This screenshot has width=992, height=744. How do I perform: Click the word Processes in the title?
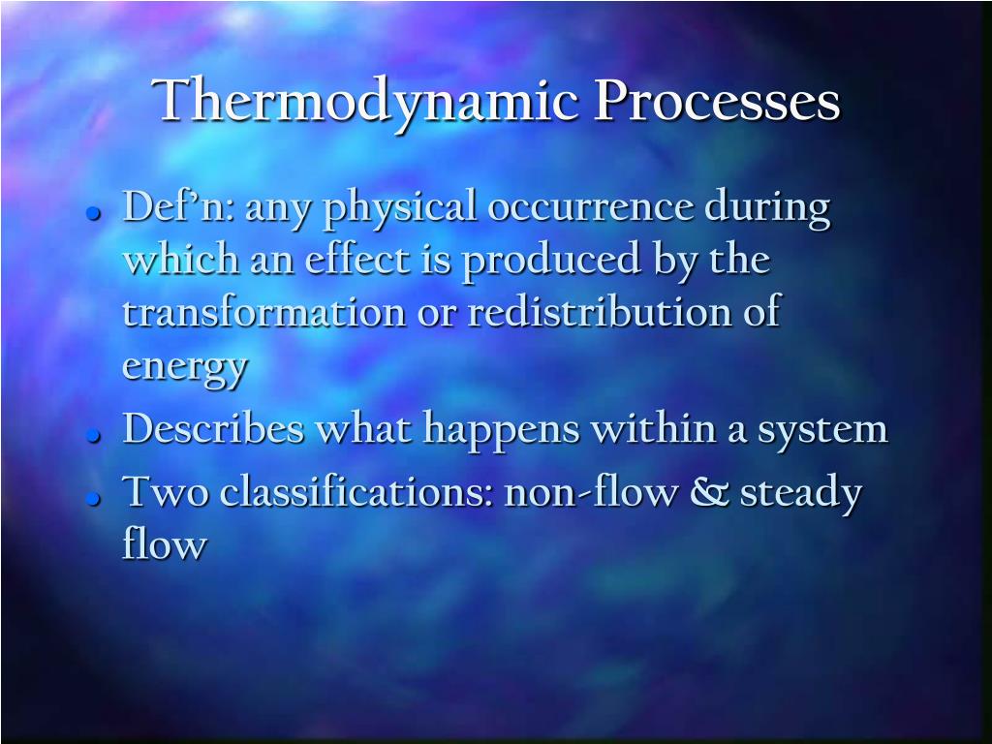pos(717,101)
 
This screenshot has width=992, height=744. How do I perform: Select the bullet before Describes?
pos(94,436)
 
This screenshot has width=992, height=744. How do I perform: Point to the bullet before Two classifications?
pos(94,499)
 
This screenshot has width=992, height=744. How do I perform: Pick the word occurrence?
pos(590,207)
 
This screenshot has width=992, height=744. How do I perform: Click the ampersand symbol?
pos(709,492)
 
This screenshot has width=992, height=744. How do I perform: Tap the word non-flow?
pos(591,492)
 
